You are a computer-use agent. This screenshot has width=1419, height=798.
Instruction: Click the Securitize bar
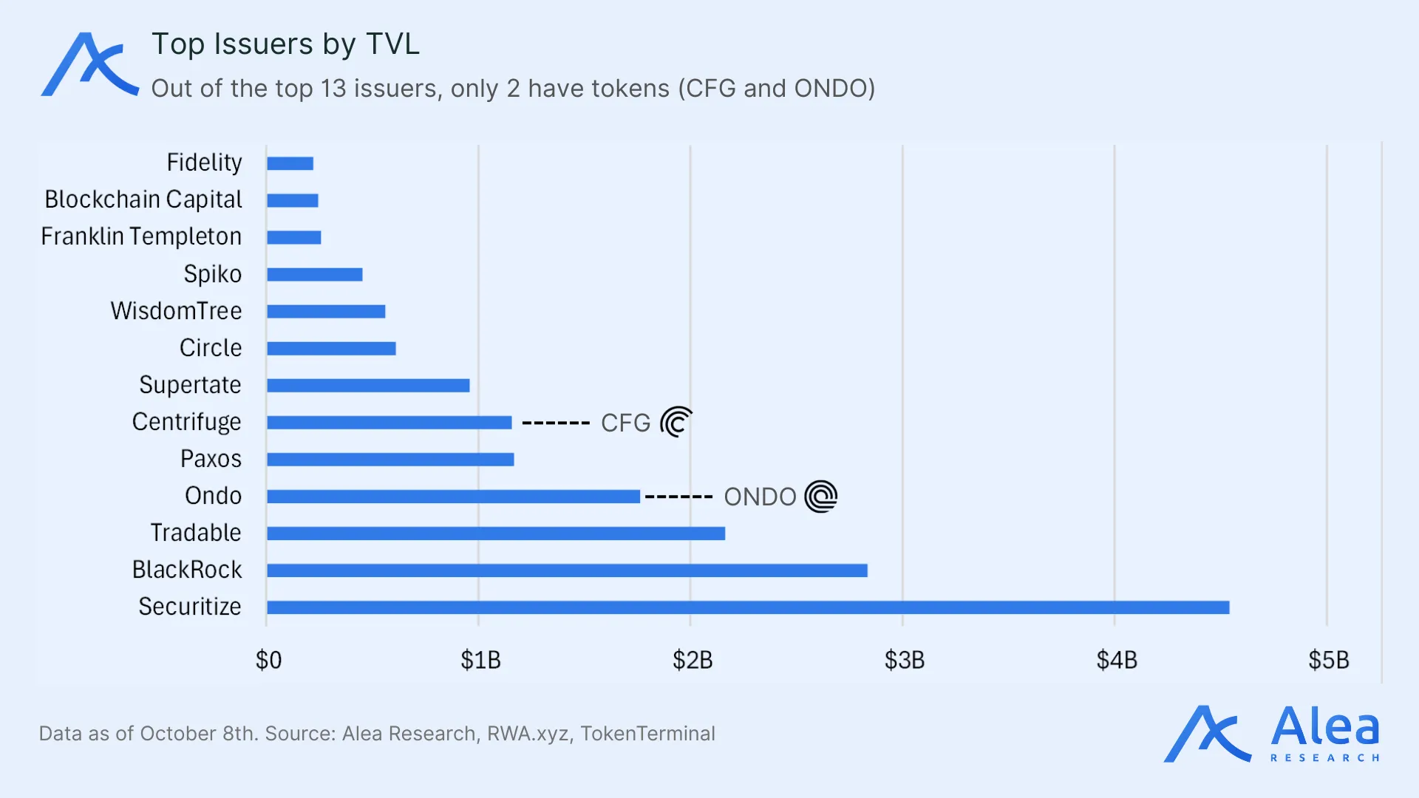point(747,607)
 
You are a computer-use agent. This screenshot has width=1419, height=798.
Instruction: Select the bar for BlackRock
point(567,570)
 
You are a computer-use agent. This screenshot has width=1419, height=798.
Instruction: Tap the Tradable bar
point(495,533)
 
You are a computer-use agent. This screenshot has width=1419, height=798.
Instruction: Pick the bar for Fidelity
point(290,163)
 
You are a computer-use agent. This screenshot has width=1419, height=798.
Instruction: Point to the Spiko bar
point(314,275)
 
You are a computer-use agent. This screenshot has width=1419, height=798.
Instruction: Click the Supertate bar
point(368,386)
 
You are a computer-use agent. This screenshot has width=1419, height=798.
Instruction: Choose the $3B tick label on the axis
point(904,660)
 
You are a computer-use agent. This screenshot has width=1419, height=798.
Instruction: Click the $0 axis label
point(268,660)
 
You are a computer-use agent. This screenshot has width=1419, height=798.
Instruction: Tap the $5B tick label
point(1328,660)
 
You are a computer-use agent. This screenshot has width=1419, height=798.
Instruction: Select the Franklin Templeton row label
point(141,236)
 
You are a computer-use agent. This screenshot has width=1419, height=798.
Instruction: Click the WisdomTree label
point(176,311)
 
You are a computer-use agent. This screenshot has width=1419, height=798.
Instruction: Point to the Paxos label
point(211,459)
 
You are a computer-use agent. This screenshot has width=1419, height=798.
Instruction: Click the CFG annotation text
point(625,423)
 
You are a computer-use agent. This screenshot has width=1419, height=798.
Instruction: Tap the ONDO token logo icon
point(820,497)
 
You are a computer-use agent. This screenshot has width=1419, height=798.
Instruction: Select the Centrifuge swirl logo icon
point(676,423)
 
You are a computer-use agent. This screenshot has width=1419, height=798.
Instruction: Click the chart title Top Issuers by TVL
point(285,44)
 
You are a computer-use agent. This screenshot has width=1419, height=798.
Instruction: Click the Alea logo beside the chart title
point(89,64)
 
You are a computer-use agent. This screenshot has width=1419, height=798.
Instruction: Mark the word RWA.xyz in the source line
point(528,734)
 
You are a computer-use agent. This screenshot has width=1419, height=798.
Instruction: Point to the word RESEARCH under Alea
point(1324,758)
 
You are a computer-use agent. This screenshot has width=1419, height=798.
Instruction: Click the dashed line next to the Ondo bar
point(678,497)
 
